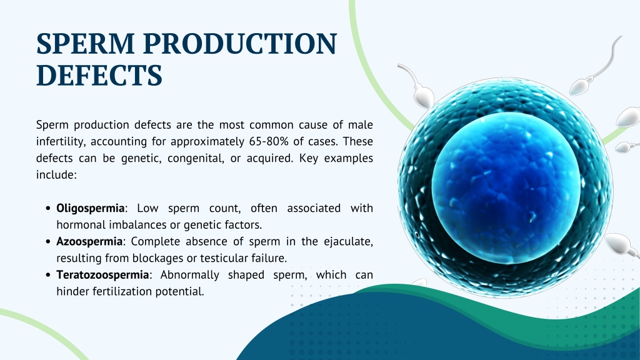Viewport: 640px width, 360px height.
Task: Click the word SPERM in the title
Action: point(85,44)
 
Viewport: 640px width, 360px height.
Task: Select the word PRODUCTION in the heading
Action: point(240,44)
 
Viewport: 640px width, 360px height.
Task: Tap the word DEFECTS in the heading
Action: point(99,75)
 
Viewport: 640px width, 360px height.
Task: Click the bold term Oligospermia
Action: point(90,208)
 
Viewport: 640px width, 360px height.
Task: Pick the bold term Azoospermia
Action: point(89,242)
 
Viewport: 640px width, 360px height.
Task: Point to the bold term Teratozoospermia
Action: point(102,275)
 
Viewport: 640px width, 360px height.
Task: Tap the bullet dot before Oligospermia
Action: point(48,209)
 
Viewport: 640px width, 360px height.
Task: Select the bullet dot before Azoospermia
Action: point(48,242)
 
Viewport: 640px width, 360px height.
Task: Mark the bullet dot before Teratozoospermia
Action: point(48,275)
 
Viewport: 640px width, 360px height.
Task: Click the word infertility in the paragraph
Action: point(61,142)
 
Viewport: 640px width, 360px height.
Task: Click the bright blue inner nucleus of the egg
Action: point(506,187)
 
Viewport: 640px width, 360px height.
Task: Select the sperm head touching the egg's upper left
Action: point(424,97)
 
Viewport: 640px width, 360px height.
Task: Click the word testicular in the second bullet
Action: point(224,258)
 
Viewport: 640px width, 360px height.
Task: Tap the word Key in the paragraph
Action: point(309,158)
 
